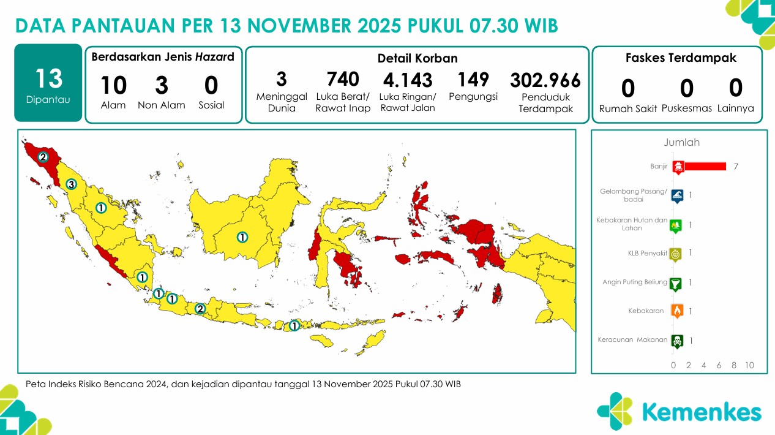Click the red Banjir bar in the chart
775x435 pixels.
[x=705, y=166]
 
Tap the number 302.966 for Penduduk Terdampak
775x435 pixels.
[x=545, y=81]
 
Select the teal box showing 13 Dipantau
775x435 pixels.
[x=48, y=83]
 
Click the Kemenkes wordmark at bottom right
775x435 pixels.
[x=702, y=412]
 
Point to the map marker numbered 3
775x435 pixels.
[x=71, y=184]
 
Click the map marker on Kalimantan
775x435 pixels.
[x=242, y=237]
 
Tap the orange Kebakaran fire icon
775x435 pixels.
[x=677, y=311]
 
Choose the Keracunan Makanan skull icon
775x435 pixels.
[x=677, y=341]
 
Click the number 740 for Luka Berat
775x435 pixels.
[x=343, y=79]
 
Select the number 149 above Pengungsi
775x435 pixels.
[x=473, y=79]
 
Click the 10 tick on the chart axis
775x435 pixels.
[x=749, y=366]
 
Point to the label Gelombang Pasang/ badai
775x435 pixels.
[x=634, y=195]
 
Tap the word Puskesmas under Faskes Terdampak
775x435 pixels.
[x=687, y=108]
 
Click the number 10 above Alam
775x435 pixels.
[x=113, y=86]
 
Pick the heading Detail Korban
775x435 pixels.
[x=417, y=59]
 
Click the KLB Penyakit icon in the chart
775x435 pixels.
[x=676, y=253]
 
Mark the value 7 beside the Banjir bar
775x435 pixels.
[x=736, y=167]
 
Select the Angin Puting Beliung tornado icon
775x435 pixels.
[x=676, y=283]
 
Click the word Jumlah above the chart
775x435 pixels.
[x=681, y=143]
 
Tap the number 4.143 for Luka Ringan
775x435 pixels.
[x=408, y=80]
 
